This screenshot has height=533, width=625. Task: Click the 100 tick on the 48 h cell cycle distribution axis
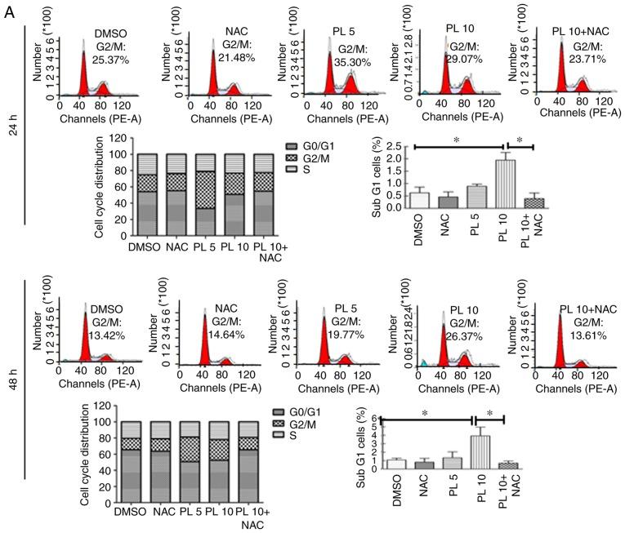coord(101,422)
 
